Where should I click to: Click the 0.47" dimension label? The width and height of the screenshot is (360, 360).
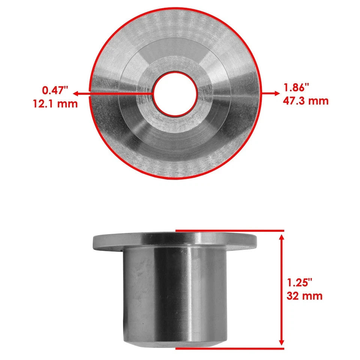[x=55, y=90]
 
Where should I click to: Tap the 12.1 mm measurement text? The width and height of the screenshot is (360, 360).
[x=55, y=103]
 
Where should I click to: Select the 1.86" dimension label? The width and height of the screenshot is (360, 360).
[x=296, y=88]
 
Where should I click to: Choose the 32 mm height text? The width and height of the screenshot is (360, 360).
[x=304, y=295]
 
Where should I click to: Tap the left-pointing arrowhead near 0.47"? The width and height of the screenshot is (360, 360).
[x=76, y=93]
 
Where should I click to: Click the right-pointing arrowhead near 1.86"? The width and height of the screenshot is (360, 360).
[x=276, y=93]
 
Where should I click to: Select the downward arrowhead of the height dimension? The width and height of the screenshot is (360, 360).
[x=281, y=344]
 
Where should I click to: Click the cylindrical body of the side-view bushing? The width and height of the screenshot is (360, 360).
[x=175, y=292]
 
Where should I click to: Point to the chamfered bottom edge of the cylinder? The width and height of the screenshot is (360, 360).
[x=175, y=343]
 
